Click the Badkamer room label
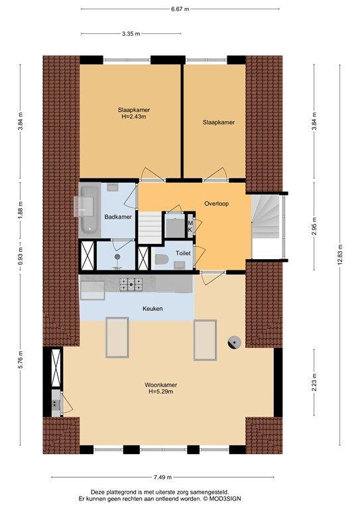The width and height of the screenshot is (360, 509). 118,217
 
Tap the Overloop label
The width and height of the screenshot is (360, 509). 217,203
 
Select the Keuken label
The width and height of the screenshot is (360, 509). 152,308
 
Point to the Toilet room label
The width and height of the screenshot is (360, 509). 183,253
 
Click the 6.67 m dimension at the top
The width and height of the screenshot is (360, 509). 180,9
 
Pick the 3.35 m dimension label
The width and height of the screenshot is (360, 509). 131,33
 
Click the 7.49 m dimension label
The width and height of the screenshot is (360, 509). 162,477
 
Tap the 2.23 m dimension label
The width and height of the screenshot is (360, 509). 314,382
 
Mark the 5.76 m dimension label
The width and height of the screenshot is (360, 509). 21,360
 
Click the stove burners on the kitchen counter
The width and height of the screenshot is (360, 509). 131,284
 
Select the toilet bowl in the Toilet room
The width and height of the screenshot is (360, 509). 161,260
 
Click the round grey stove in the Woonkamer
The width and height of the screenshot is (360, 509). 234,343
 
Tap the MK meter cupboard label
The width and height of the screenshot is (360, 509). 190,226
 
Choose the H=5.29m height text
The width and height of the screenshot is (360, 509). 160,392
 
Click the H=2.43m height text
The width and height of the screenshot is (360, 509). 134,117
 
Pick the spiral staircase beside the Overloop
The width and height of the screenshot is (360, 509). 266,216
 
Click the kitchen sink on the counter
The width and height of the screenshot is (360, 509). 93,290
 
